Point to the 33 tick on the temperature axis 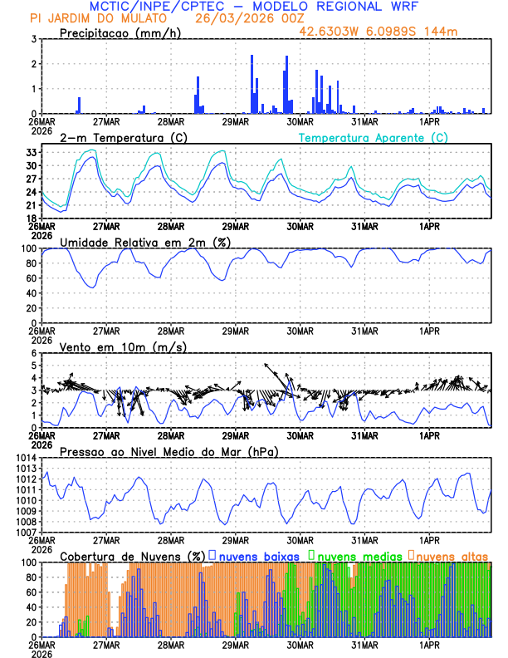pos(31,152)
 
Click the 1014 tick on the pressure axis pos(25,458)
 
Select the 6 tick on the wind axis pos(34,353)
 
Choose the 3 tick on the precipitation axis pos(34,39)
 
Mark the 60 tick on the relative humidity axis pos(31,278)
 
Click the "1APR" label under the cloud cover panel pos(429,644)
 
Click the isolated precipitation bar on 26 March pos(80,105)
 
